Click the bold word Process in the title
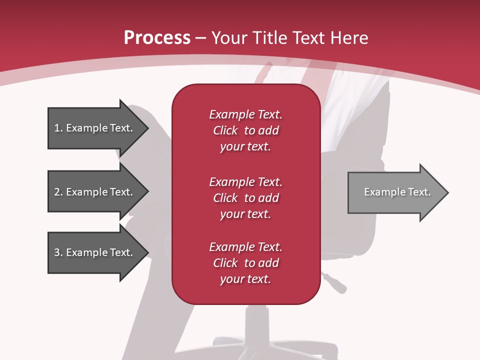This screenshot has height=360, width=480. point(157,38)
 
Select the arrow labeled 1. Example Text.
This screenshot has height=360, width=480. point(95,128)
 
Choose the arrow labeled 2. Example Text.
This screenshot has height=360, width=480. point(95,192)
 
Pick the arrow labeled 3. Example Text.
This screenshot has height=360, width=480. point(95,252)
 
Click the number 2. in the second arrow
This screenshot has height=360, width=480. point(58,192)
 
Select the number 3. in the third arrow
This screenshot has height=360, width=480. point(58,252)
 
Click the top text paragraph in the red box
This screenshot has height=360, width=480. point(245,130)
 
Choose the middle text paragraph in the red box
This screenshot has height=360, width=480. point(245,198)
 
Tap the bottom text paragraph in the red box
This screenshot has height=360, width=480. point(245,263)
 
